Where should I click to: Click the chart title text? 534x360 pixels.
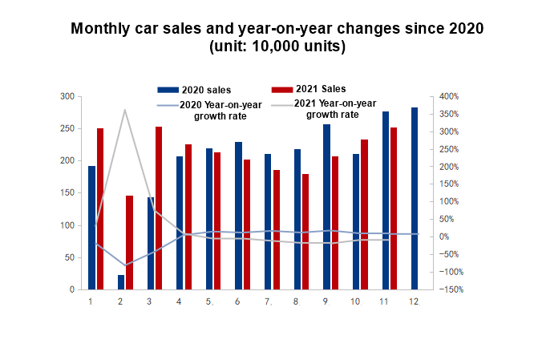coord(277,38)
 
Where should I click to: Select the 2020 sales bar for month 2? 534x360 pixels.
coord(121,281)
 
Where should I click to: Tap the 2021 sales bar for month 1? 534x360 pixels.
coord(101,208)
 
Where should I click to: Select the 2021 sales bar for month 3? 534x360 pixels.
coord(159,208)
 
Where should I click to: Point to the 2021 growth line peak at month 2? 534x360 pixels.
coord(125,110)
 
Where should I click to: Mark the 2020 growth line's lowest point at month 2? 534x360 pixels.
coord(125,265)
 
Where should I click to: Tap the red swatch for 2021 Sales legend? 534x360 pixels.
coord(282,89)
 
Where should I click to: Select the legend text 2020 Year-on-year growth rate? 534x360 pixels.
coord(209,111)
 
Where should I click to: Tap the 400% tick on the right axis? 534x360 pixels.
coord(448,96)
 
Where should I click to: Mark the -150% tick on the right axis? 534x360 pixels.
coord(448,289)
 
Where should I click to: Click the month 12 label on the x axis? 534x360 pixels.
coord(415,301)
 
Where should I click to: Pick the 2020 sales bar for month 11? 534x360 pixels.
coord(385,200)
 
